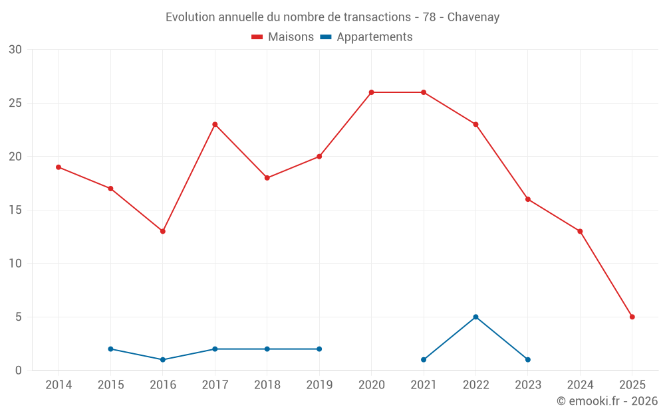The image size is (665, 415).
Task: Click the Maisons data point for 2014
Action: click(x=59, y=167)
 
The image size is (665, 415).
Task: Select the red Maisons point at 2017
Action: click(x=215, y=124)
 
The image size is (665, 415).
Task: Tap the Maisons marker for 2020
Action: click(x=371, y=92)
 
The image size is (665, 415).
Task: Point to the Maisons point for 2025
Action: click(x=632, y=317)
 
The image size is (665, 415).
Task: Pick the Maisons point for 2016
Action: click(x=163, y=231)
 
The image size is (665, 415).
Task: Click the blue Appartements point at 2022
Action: click(x=475, y=317)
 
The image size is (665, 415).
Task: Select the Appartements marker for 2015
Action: click(x=110, y=349)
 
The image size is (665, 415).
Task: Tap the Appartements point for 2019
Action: click(x=319, y=349)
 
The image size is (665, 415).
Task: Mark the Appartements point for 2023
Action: click(x=528, y=359)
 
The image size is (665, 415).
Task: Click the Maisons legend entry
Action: click(x=283, y=37)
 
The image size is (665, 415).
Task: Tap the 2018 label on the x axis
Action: click(x=267, y=385)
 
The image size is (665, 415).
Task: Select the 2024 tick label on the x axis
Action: click(x=580, y=385)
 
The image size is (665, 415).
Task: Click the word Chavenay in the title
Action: click(x=473, y=17)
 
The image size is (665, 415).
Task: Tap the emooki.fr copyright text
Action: click(x=606, y=401)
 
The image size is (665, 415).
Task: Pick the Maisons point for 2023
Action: click(x=528, y=199)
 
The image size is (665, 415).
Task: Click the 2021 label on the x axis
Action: click(x=424, y=385)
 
